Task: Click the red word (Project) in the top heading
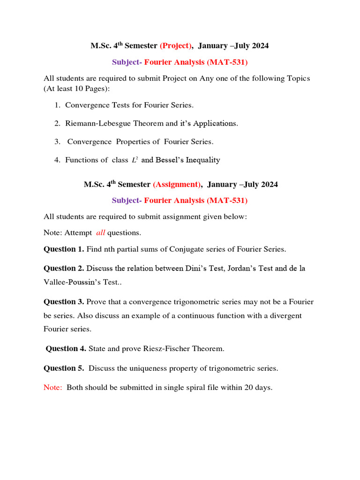pyautogui.click(x=176, y=45)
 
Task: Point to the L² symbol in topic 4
pyautogui.click(x=134, y=160)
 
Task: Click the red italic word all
pyautogui.click(x=100, y=232)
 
